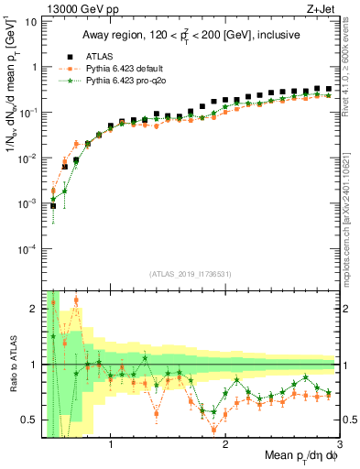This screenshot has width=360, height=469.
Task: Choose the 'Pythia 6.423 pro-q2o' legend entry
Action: pyautogui.click(x=118, y=81)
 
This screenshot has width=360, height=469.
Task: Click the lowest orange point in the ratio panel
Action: pyautogui.click(x=214, y=430)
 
